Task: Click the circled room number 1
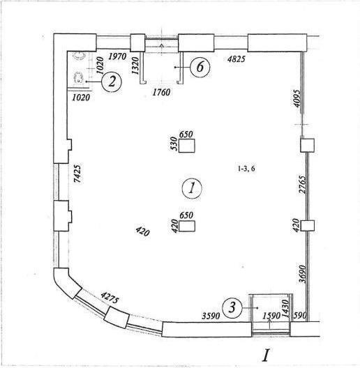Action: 192,188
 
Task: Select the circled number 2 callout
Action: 112,82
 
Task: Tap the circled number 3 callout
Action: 232,307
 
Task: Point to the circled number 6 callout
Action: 200,67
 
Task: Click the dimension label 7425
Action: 77,174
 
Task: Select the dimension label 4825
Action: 237,59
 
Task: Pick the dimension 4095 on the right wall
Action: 297,98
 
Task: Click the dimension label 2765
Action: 302,184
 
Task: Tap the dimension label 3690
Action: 303,274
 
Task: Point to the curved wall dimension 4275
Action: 110,297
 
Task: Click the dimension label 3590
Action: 211,316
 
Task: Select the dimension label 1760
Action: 161,92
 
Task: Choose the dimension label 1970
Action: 117,56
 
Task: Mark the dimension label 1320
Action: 135,66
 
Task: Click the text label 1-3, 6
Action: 246,169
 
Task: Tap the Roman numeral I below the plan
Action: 266,355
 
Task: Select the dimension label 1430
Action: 285,308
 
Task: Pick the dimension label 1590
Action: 271,316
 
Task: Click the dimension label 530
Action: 174,144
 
